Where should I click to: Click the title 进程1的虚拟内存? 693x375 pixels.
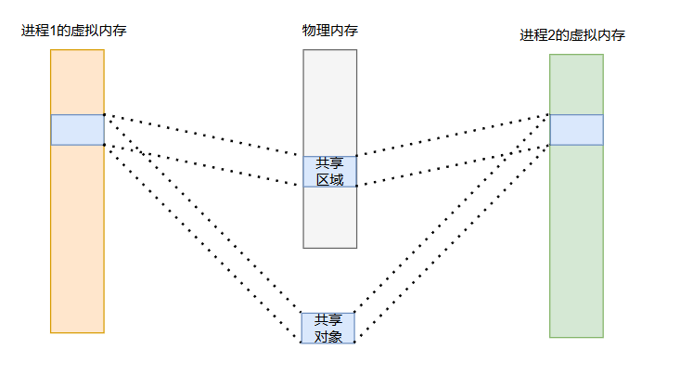(x=74, y=31)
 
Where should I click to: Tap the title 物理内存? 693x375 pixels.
(x=330, y=31)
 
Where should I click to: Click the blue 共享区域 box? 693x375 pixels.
(x=329, y=171)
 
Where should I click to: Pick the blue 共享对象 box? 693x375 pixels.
(x=327, y=328)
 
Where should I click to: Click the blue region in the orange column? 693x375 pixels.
(x=77, y=130)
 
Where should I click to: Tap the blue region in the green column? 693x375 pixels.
(x=576, y=130)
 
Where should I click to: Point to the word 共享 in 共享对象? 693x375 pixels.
(x=328, y=320)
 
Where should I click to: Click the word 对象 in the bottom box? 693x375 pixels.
(x=328, y=336)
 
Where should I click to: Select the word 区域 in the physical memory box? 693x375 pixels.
(x=330, y=179)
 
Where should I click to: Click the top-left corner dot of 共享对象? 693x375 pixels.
(x=302, y=312)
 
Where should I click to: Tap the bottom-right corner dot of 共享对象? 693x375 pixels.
(x=354, y=343)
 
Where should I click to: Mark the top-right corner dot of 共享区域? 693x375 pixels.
(x=357, y=155)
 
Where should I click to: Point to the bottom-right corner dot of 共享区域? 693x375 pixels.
(x=357, y=186)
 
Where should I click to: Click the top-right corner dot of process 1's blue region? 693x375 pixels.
(x=105, y=115)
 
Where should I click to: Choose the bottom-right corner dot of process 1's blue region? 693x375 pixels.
(x=105, y=145)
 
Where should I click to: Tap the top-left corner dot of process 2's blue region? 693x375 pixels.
(x=549, y=115)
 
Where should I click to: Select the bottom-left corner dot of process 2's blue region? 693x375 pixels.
(x=549, y=145)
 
